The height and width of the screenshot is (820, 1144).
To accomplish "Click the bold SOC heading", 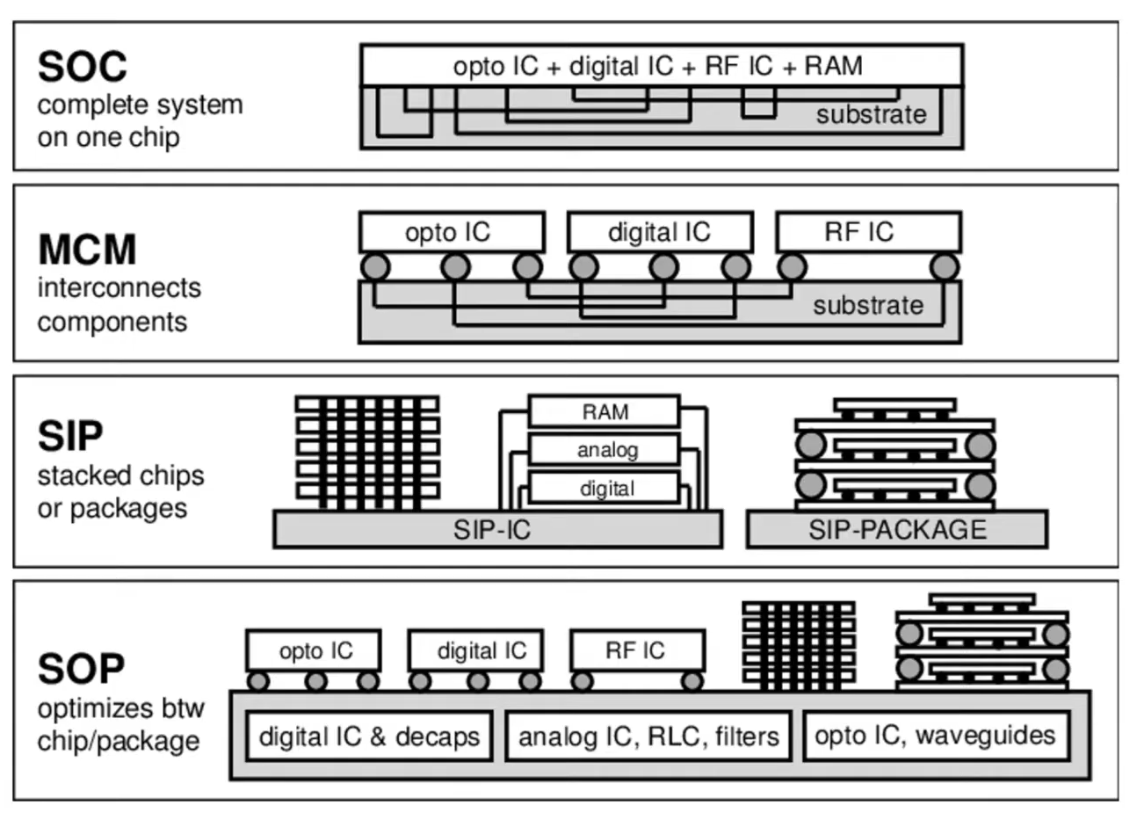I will click(x=83, y=67).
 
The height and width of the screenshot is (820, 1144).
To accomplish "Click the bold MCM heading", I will click(x=87, y=250).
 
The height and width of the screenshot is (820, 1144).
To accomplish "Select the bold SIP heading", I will click(x=70, y=436).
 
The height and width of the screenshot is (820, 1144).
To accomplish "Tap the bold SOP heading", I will click(x=81, y=670).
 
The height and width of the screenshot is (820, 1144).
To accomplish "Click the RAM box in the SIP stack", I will click(x=605, y=412).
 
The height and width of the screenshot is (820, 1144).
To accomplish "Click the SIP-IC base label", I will click(x=492, y=530).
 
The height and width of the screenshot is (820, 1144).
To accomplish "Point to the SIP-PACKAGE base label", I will click(x=897, y=530).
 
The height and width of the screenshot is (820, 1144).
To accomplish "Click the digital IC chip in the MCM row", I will click(x=659, y=232).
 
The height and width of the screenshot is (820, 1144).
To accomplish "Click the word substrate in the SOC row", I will click(x=871, y=115).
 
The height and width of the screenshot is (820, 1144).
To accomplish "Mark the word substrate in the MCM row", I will click(x=868, y=306).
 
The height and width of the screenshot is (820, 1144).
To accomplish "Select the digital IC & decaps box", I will click(x=369, y=737).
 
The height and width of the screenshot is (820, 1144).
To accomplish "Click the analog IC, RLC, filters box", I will click(x=648, y=737).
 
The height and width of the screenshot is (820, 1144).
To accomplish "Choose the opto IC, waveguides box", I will click(x=935, y=736).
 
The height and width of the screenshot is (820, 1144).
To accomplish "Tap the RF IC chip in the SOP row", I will click(x=636, y=651).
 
